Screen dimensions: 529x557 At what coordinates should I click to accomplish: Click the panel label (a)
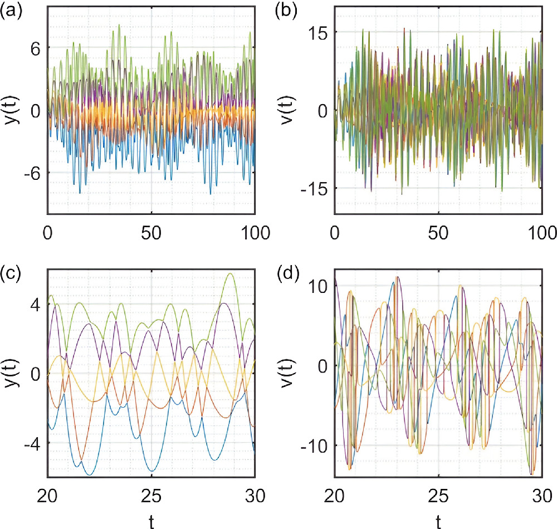coord(12,11)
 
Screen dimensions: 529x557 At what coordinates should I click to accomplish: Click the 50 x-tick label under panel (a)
coord(151,230)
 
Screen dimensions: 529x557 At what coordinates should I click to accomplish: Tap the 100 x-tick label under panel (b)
coord(543,230)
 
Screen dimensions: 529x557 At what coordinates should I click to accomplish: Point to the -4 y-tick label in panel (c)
coord(30,443)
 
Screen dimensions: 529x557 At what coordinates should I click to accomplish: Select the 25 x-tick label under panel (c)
coord(151,493)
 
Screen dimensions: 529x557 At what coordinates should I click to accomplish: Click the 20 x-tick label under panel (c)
coord(48,493)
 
